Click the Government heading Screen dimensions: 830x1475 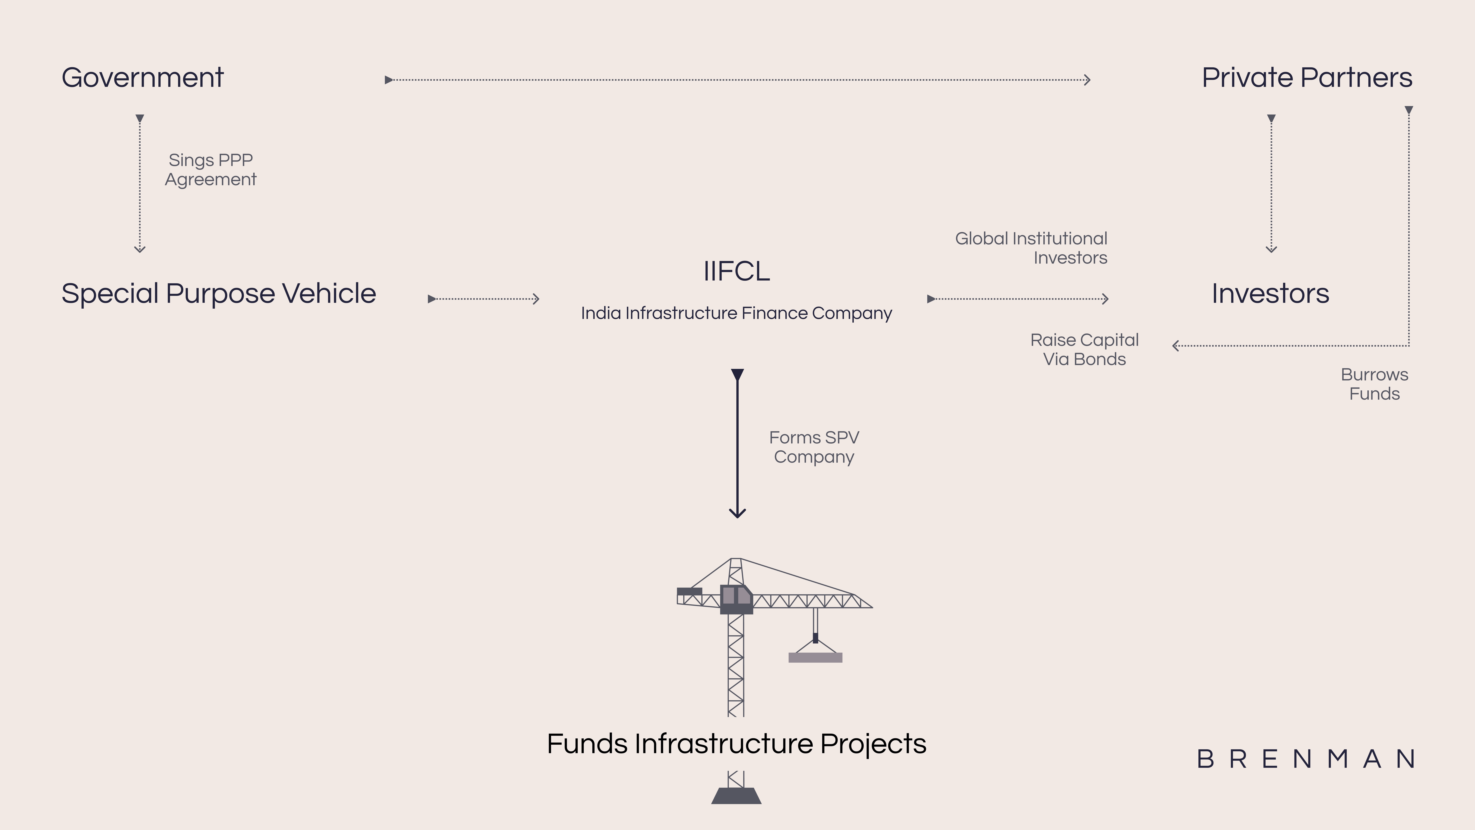(x=143, y=78)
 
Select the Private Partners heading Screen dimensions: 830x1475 (x=1307, y=78)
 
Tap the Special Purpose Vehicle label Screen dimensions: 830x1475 (x=219, y=294)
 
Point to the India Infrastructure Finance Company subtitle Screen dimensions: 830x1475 (x=736, y=313)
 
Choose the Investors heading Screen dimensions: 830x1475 (x=1270, y=294)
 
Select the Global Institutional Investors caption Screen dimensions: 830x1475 (x=1031, y=248)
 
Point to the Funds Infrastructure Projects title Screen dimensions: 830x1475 (x=736, y=744)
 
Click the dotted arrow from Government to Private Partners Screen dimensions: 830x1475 (x=737, y=80)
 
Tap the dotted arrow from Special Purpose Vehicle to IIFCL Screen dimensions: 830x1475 (x=484, y=298)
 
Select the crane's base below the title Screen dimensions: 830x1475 (x=736, y=796)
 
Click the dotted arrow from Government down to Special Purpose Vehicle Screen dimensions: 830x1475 (x=140, y=183)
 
